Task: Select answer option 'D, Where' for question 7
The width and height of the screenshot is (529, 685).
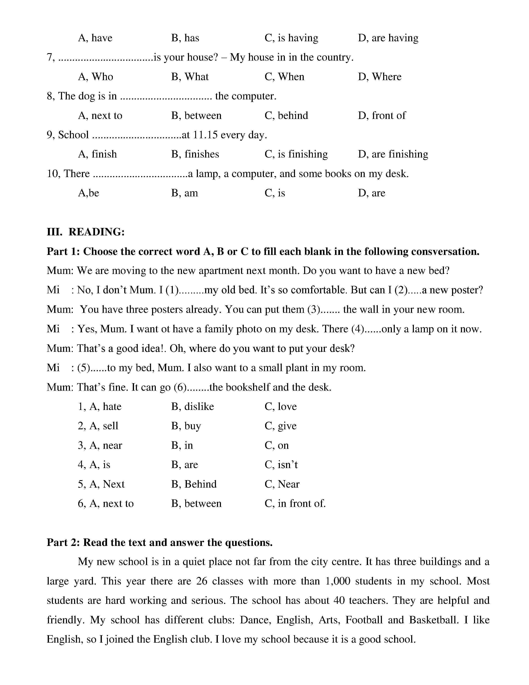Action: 379,77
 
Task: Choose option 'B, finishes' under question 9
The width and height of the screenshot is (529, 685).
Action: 195,154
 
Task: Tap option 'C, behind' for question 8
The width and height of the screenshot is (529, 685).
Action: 286,115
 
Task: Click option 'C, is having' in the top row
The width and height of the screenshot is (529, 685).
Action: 291,38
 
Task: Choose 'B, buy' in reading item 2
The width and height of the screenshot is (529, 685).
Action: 186,426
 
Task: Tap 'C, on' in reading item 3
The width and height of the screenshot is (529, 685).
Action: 276,445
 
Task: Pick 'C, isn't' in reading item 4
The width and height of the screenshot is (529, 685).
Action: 281,465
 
